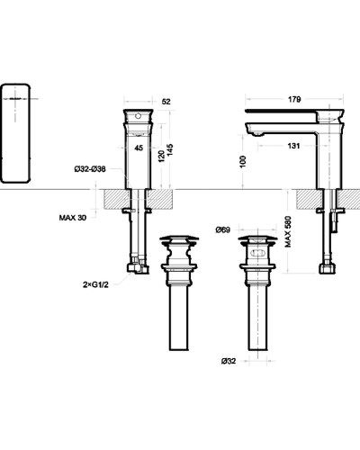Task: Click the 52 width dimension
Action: click(166, 102)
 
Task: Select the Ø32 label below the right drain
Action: click(229, 362)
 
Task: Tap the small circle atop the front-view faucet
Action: click(139, 116)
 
